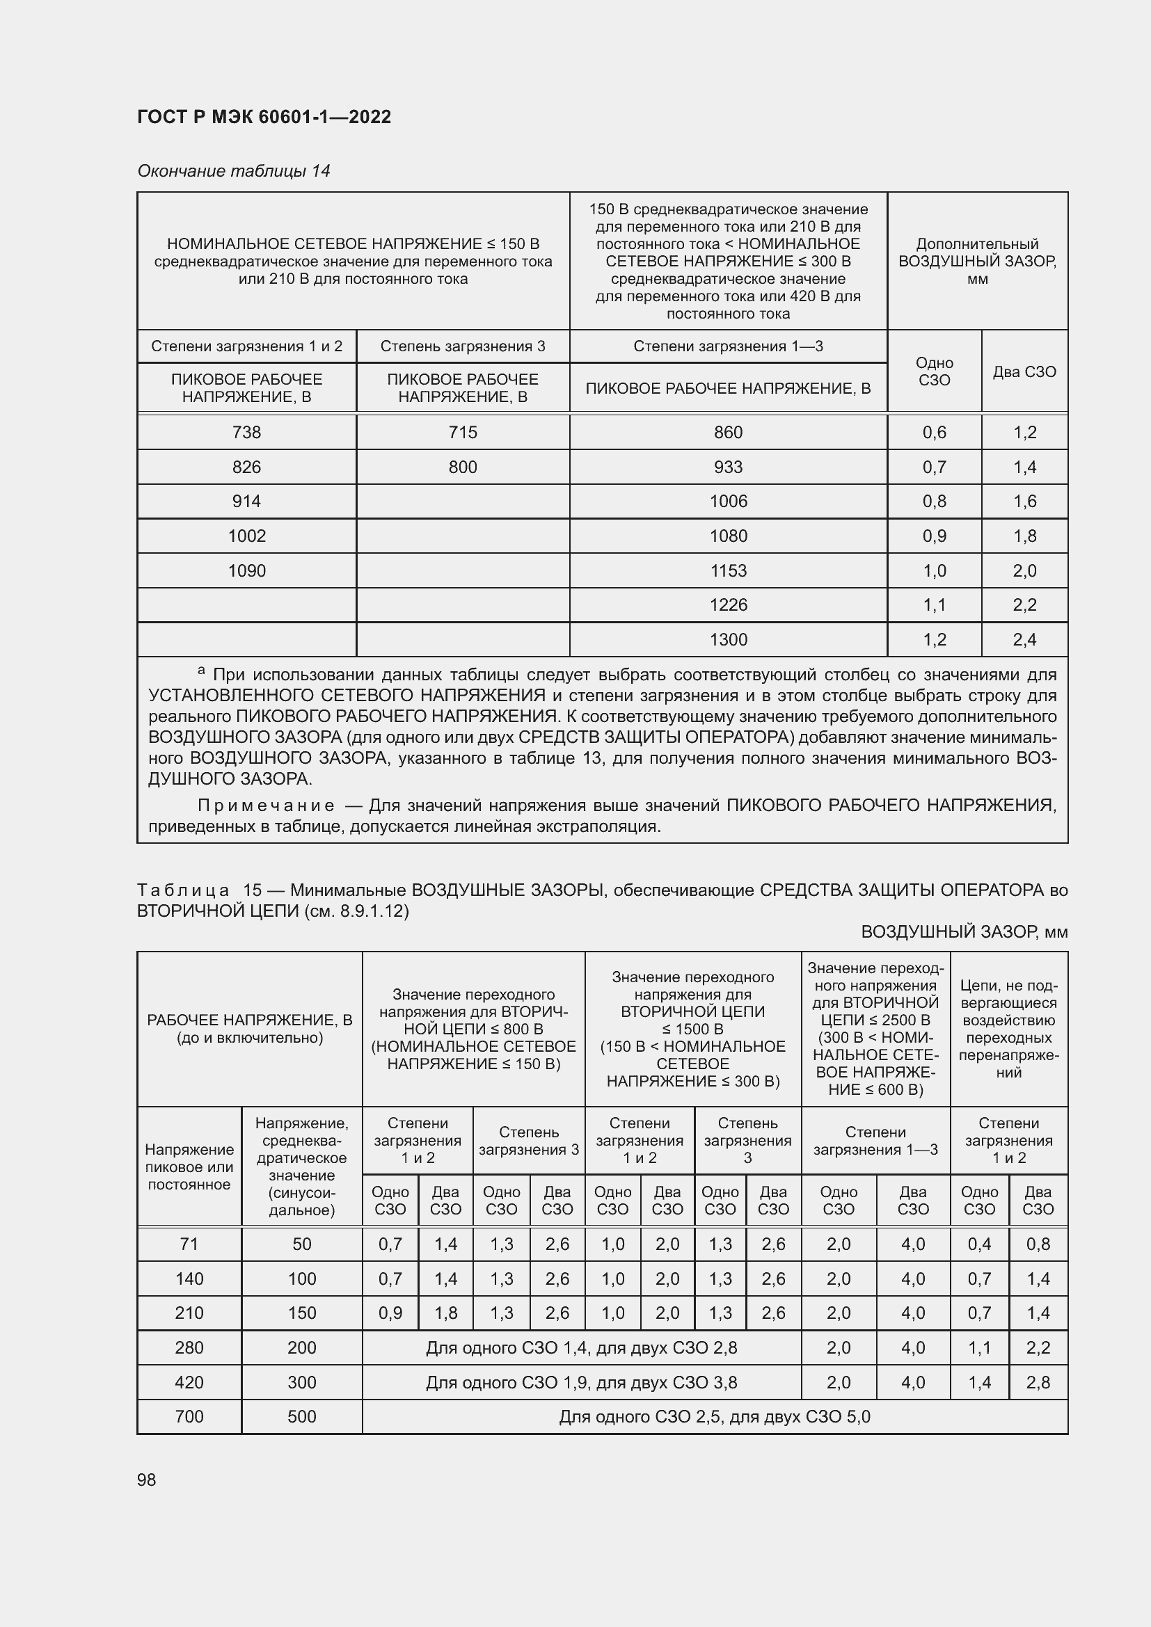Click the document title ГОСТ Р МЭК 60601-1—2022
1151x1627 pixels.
coord(264,117)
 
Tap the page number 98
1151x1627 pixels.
coord(147,1480)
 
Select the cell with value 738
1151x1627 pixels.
coord(246,432)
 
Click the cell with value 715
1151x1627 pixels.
coord(463,432)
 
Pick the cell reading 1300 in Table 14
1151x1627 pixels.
coord(729,639)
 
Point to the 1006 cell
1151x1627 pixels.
coord(729,501)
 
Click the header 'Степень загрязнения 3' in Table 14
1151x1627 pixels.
coord(463,346)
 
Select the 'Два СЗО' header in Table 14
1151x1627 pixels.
coord(1024,371)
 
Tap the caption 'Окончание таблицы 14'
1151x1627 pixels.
coord(234,171)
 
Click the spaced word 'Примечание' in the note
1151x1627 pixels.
coord(266,805)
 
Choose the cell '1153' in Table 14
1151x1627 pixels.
coord(729,570)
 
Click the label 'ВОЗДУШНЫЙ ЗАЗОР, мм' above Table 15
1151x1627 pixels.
coord(964,932)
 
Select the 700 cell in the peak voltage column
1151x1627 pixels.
coord(189,1416)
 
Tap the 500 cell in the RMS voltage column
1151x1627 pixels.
coord(302,1416)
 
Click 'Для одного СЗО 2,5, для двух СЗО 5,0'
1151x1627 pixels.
coord(715,1416)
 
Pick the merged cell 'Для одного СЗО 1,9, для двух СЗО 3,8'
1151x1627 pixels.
coord(581,1382)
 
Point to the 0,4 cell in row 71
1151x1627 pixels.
coord(980,1244)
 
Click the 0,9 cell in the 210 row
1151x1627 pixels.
coord(390,1313)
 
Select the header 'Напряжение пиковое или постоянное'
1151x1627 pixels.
coord(189,1167)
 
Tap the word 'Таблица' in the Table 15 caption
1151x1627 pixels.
coord(183,890)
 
